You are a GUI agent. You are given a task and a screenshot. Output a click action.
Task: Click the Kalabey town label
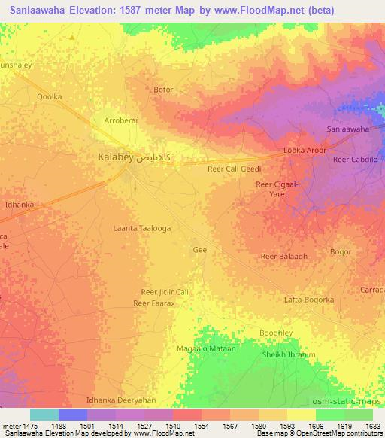(116, 158)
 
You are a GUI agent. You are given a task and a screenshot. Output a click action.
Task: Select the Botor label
(163, 90)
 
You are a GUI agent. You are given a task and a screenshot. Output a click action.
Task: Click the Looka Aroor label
(305, 151)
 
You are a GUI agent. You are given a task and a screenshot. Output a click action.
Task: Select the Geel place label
(201, 249)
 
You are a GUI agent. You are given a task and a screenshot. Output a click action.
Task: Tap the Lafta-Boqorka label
(309, 300)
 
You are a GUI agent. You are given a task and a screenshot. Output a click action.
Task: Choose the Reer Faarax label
(153, 303)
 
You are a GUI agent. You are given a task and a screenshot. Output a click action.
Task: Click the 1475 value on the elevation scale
(27, 425)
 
